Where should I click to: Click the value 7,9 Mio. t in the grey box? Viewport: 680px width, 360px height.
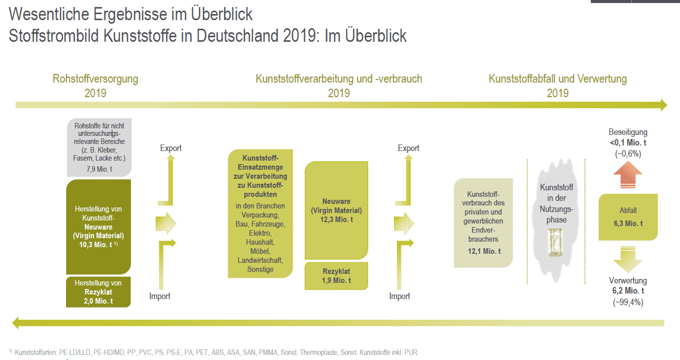[99, 169]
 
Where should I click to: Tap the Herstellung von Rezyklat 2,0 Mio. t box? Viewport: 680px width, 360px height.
[98, 292]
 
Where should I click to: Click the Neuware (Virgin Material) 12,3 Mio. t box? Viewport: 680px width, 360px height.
[337, 210]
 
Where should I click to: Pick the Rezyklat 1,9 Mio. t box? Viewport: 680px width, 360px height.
[336, 276]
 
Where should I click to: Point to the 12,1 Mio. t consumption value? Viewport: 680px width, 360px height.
[484, 251]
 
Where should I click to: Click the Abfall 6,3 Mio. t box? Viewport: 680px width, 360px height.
[628, 217]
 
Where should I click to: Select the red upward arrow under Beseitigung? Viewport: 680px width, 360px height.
[628, 177]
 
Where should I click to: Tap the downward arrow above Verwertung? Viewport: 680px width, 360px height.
[628, 260]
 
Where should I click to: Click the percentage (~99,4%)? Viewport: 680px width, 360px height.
[628, 303]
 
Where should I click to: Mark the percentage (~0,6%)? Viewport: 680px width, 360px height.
[628, 154]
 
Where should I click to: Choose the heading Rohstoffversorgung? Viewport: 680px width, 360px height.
[95, 79]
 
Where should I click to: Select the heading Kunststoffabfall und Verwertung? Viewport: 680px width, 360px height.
[558, 79]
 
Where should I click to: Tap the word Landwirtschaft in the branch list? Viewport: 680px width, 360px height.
[260, 260]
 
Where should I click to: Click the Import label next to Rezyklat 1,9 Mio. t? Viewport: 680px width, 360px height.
[399, 296]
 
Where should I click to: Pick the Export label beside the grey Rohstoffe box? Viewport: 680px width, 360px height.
[171, 148]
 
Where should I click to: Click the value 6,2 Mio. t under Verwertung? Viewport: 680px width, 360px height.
[628, 291]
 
